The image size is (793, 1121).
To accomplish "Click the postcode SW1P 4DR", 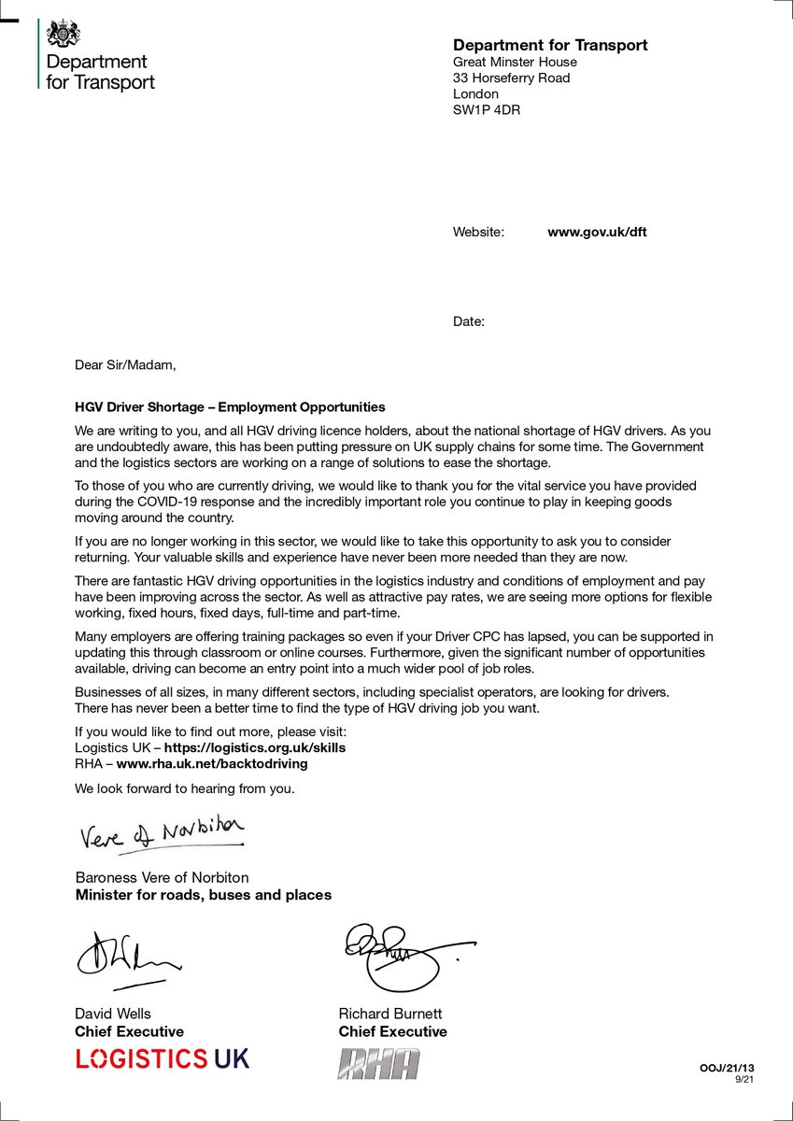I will tap(487, 109).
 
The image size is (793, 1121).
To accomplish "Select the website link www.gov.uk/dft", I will tap(596, 232).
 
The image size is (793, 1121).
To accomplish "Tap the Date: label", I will tap(469, 321).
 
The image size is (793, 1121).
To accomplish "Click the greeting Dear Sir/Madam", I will tap(124, 364).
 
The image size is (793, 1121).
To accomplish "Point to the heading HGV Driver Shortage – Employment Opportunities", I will tap(230, 407).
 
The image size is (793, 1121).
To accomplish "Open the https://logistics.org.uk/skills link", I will tap(255, 747).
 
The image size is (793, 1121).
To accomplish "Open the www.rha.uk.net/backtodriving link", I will tap(211, 763).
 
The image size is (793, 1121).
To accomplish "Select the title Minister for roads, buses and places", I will tap(203, 895).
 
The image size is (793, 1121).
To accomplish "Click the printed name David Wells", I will tap(112, 1014).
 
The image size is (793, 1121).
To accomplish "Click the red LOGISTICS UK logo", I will tap(162, 1058).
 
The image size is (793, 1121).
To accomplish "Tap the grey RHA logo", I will tap(378, 1063).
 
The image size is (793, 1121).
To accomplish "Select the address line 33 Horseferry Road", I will tap(511, 78).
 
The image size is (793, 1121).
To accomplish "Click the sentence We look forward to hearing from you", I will tap(184, 788).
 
